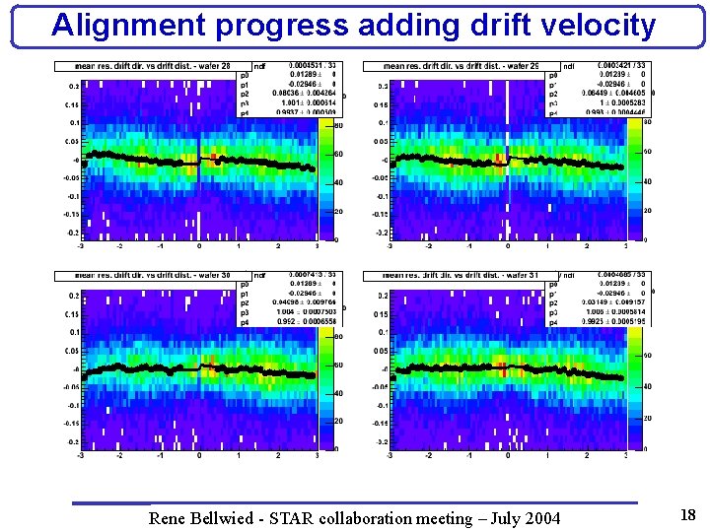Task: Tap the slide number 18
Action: (688, 515)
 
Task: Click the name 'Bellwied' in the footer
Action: (228, 518)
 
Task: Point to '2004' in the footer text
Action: (539, 518)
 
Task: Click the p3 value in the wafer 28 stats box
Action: (293, 101)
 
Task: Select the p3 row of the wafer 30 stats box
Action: (286, 312)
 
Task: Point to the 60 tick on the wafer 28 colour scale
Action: (338, 155)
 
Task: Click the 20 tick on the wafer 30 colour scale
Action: (338, 421)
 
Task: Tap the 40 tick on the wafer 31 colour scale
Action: (648, 387)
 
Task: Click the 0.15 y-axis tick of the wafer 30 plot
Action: (71, 314)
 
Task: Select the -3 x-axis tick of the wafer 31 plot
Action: (390, 456)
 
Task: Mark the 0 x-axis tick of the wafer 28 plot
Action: (199, 246)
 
